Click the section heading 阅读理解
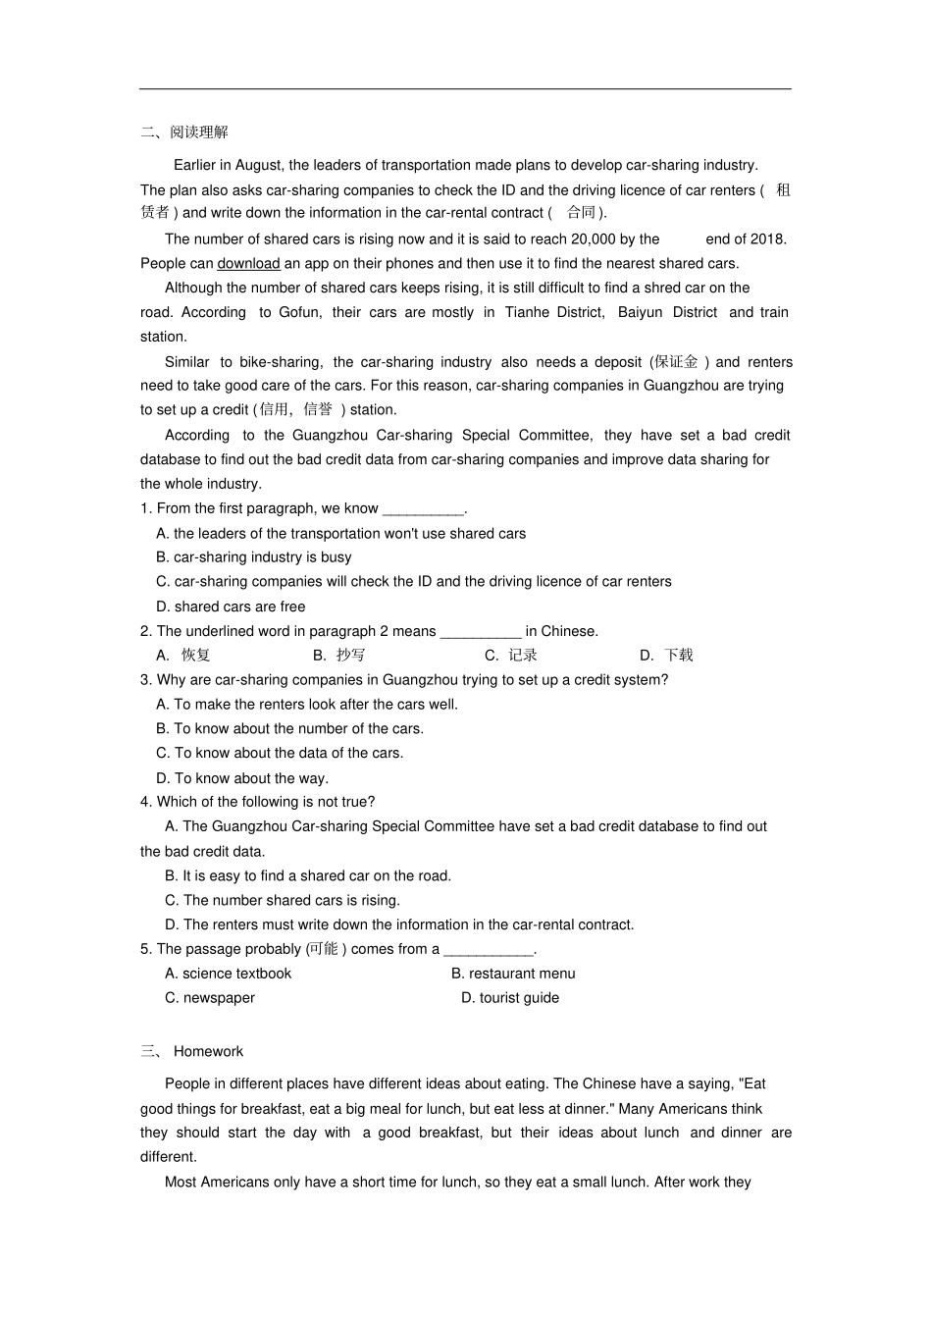tap(199, 132)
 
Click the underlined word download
tap(248, 263)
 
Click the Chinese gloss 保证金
tap(677, 361)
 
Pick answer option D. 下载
tap(667, 655)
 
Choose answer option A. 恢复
tap(184, 655)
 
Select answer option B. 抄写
tap(339, 655)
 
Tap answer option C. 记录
tap(511, 655)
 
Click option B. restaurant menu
tap(513, 974)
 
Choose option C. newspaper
tap(210, 998)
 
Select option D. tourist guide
tap(510, 998)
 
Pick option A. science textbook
tap(229, 974)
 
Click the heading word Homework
tap(208, 1051)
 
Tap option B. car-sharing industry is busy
tap(253, 557)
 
